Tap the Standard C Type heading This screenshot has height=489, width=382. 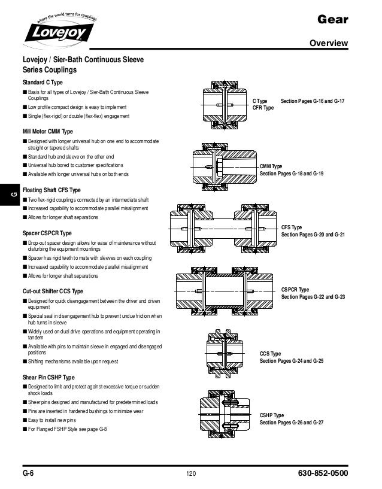point(43,81)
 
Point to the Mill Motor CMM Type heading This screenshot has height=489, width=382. point(47,131)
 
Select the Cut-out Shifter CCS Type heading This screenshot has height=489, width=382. point(53,291)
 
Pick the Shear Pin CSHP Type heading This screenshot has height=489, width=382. point(48,378)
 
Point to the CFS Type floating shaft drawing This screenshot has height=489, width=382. point(223,227)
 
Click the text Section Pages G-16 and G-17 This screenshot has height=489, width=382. point(313,102)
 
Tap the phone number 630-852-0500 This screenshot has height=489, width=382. point(323,474)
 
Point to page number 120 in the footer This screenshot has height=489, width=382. point(191,475)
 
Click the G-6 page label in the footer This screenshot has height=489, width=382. point(28,474)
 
